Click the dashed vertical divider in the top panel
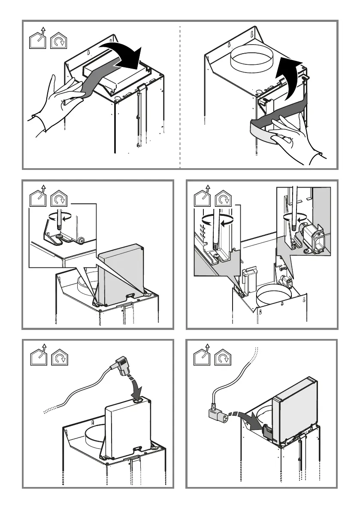coord(180,94)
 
